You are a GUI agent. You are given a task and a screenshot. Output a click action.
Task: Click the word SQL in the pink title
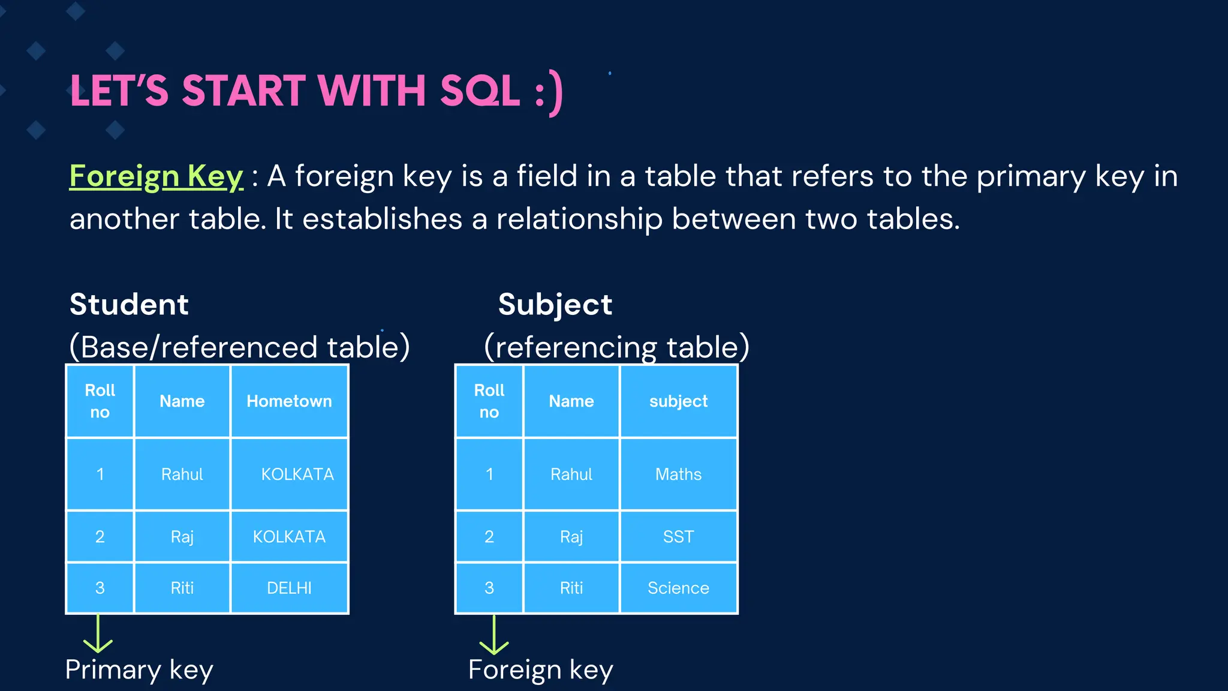480,91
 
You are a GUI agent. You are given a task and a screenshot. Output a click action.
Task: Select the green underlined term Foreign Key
156,176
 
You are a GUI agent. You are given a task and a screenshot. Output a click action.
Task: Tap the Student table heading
129,304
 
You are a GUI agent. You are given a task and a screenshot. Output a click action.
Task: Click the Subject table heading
555,304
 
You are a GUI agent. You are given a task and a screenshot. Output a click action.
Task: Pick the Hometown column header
289,401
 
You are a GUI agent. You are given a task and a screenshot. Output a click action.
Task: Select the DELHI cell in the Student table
289,588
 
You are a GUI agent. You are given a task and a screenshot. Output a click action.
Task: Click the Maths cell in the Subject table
678,474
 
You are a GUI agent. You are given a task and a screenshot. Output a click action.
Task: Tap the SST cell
678,536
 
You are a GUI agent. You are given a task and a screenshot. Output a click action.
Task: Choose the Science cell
678,588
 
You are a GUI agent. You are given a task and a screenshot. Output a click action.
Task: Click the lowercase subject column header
678,401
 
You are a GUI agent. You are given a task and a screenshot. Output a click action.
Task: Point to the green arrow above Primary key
98,634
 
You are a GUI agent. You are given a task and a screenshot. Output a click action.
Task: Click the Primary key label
139,669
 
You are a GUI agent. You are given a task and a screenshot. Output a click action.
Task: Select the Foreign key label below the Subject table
540,669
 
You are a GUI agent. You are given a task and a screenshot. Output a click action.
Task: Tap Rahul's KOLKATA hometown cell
297,474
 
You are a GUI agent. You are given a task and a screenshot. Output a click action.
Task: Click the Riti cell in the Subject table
571,588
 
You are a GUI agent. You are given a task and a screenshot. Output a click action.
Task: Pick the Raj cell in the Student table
182,536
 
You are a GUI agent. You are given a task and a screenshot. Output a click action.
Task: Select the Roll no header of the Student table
100,401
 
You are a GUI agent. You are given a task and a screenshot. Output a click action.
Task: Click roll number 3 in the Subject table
489,588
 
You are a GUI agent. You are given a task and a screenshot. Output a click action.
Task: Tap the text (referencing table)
616,347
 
